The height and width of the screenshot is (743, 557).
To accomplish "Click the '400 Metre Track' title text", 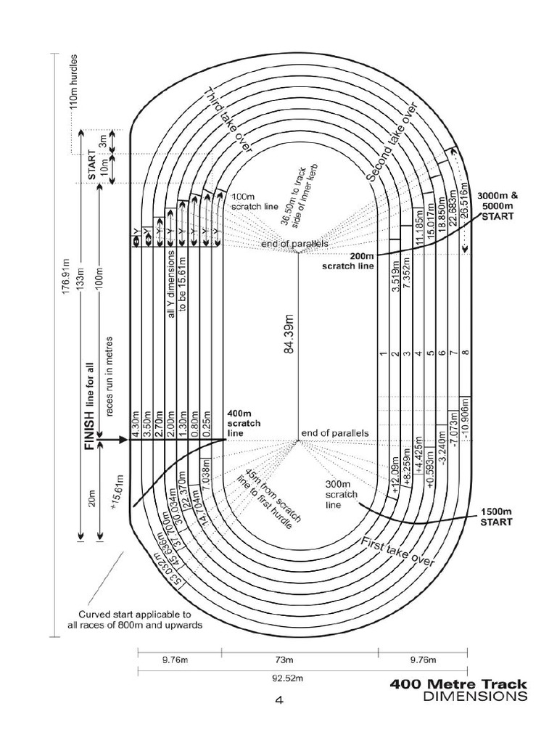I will coord(458,684).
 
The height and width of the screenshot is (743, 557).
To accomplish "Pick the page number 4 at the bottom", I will coord(278,701).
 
